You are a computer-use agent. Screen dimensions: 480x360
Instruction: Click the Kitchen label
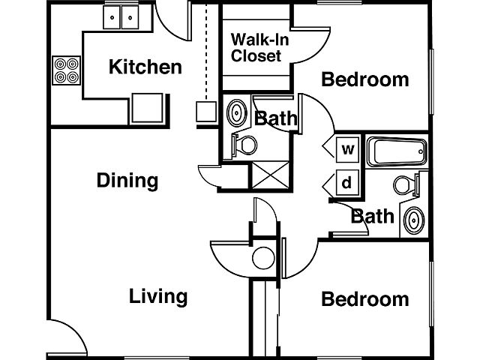point(145,67)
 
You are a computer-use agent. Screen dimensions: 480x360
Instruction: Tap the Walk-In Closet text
point(256,47)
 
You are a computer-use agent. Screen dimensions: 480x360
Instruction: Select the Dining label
point(127,181)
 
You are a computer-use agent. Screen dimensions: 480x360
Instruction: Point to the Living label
point(157,295)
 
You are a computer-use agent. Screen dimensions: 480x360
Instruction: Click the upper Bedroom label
point(365,79)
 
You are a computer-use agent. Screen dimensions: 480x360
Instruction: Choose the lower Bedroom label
point(365,300)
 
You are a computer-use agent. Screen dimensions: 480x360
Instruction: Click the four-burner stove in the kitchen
point(65,70)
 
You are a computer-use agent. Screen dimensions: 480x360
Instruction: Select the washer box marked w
point(348,149)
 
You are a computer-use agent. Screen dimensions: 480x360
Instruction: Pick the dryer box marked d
point(347,182)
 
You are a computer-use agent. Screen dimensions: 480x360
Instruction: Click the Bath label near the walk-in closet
point(276,118)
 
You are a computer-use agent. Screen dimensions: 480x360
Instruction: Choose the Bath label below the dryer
point(373,217)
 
